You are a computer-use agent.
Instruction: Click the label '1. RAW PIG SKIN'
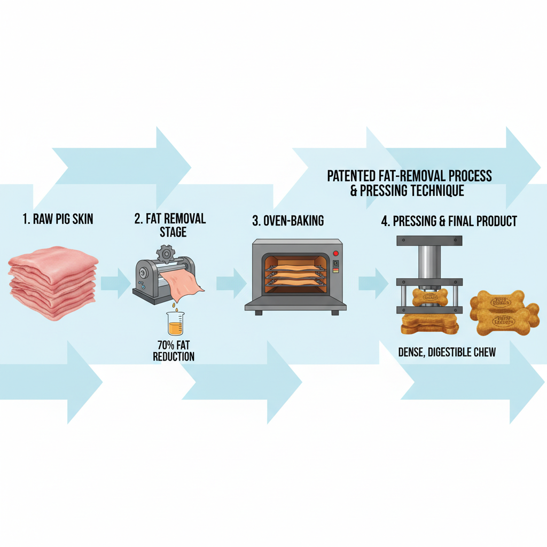(58, 219)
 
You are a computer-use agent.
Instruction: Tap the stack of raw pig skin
(53, 286)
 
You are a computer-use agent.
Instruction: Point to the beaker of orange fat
(174, 324)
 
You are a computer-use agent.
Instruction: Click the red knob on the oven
(335, 253)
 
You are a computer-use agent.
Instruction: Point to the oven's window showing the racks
(291, 273)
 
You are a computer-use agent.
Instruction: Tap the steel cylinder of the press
(429, 262)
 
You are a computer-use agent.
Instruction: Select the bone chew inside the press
(429, 297)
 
